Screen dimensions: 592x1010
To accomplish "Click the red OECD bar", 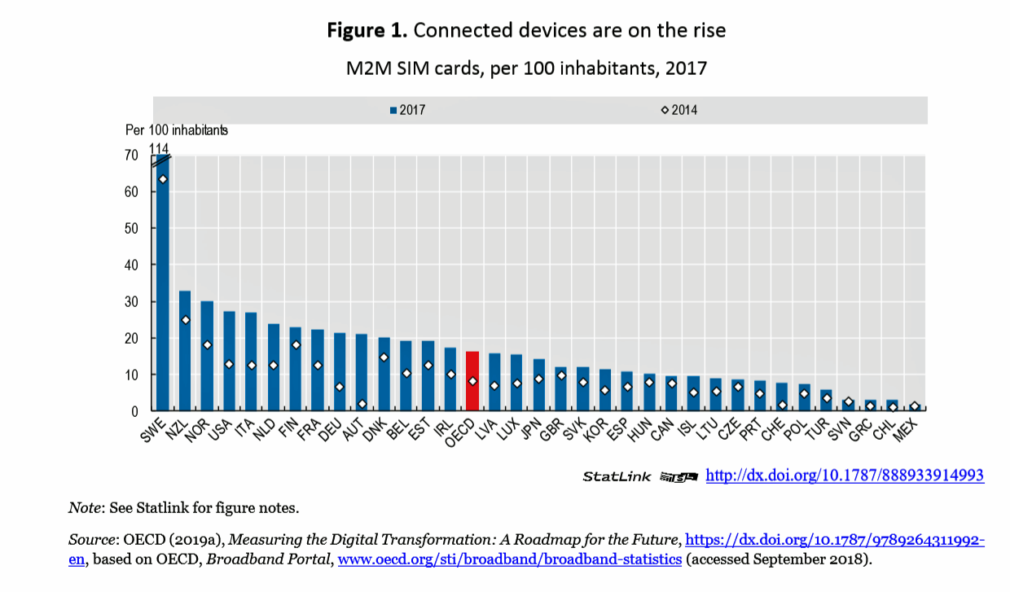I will tap(472, 381).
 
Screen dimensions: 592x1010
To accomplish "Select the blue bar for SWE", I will tap(163, 285).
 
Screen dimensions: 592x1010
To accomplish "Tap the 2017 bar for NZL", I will tap(185, 351).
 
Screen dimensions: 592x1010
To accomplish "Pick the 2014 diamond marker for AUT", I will tap(362, 404).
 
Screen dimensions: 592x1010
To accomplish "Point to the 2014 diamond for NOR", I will tap(207, 345).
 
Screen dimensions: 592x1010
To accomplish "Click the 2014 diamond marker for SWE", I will tap(163, 179).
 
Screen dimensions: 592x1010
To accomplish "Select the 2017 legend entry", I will tap(408, 110).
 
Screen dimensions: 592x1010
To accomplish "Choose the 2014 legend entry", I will tap(679, 110).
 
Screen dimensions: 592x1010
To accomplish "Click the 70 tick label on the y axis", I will tap(130, 156).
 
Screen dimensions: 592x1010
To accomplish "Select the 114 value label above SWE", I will tap(159, 147).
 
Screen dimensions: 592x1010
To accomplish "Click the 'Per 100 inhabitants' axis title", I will tap(176, 130).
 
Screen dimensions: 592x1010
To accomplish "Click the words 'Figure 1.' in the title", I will tap(367, 31).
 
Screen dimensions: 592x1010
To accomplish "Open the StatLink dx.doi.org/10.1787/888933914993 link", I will tap(844, 476).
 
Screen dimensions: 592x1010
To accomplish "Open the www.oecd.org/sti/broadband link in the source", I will tap(509, 559).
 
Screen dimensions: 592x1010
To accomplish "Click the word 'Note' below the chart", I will tap(85, 508).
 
